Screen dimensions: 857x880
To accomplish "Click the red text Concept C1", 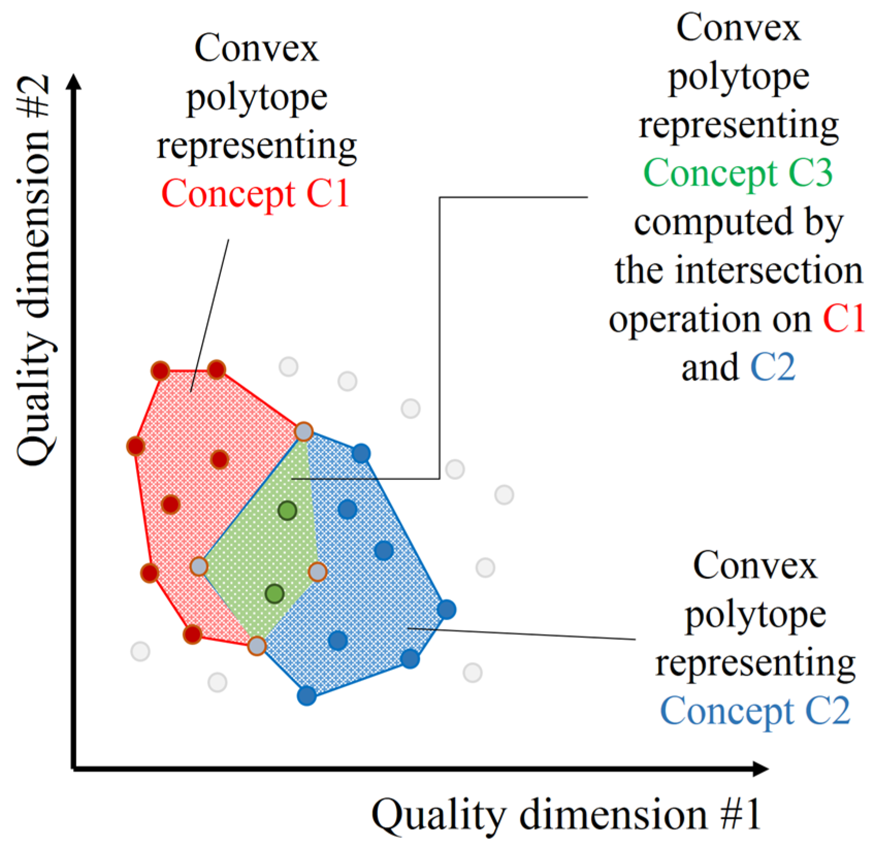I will (255, 193).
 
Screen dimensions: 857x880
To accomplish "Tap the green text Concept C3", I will (738, 173).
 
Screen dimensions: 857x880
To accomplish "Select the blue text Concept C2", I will (755, 711).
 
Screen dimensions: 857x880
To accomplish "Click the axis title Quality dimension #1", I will (566, 815).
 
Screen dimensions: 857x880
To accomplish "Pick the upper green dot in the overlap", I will (287, 510).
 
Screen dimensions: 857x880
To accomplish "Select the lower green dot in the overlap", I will (274, 594).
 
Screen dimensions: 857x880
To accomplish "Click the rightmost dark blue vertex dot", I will (447, 609).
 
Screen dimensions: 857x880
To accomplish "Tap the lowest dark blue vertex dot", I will (307, 696).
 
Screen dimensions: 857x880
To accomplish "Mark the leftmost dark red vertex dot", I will (136, 446).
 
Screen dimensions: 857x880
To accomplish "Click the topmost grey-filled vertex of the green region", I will (304, 431).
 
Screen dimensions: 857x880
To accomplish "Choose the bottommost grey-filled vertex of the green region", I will (256, 645).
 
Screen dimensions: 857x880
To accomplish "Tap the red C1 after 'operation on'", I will (844, 319).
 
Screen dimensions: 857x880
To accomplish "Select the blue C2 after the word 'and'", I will (773, 367).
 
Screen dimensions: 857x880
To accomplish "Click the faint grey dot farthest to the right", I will (504, 495).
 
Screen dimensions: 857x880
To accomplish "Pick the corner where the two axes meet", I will (75, 769).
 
